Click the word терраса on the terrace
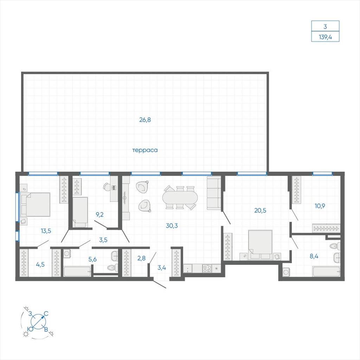(x=145, y=150)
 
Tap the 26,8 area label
(x=145, y=120)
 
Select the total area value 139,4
(x=325, y=37)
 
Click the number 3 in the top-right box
(x=325, y=27)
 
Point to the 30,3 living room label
(x=172, y=226)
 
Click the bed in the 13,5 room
(x=35, y=204)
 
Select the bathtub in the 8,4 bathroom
(x=326, y=272)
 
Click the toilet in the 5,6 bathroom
(x=113, y=268)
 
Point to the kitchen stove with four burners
(x=207, y=268)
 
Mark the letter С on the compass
(x=46, y=314)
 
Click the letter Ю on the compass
(x=31, y=329)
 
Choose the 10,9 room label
(x=320, y=206)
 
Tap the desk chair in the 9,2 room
(x=107, y=187)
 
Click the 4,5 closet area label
(x=40, y=264)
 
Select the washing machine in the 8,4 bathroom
(x=286, y=272)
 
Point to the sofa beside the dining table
(x=214, y=193)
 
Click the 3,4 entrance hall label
(x=162, y=268)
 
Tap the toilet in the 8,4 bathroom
(x=335, y=246)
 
